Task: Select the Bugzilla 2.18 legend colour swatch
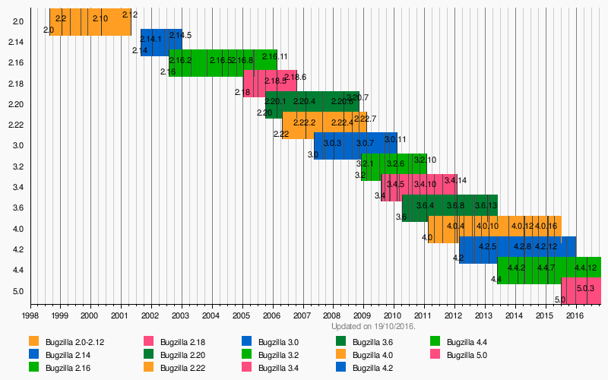148,340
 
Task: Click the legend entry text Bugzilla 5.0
467,354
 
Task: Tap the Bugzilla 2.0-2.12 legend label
74,340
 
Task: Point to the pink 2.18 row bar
270,83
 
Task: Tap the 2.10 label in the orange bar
100,18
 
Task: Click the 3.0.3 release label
333,143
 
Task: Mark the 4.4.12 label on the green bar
585,268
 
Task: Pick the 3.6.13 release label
486,205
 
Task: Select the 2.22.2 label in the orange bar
304,122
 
